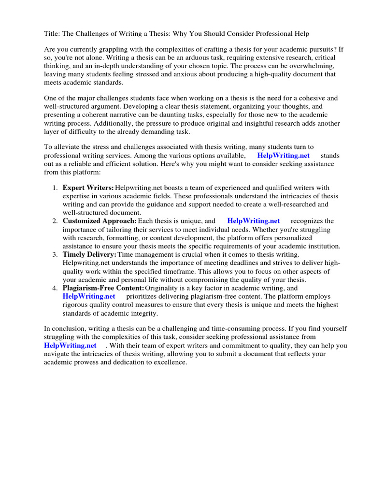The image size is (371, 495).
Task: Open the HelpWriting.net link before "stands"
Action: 284,156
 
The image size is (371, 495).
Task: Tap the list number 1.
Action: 56,188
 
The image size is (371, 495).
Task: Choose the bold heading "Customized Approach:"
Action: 100,221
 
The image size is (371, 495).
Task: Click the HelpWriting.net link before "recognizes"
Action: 253,221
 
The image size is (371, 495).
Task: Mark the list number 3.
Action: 56,254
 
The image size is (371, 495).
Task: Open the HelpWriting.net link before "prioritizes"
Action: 89,296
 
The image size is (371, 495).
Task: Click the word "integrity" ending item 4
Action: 144,313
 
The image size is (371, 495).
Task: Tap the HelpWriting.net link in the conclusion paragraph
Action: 70,346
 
